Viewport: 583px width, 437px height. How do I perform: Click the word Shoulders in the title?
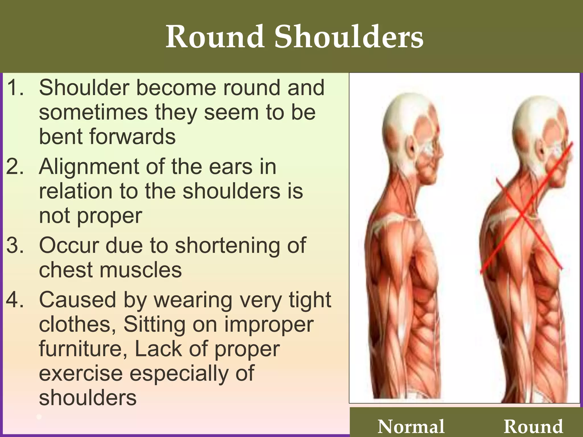pyautogui.click(x=349, y=37)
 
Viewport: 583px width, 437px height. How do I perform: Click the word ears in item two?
pyautogui.click(x=231, y=167)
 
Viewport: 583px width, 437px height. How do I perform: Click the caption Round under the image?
pyautogui.click(x=533, y=426)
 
